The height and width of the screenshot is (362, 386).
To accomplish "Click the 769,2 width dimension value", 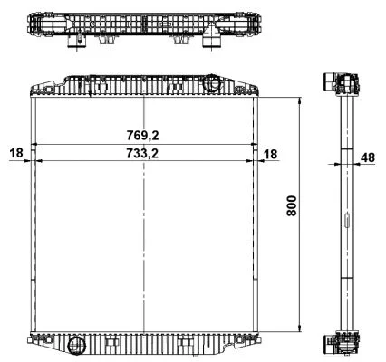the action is pos(142,136).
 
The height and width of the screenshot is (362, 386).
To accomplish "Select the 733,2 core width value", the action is pos(142,154).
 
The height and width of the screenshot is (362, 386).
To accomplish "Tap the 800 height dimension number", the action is pos(292,205).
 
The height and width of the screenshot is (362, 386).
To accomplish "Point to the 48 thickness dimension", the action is pos(368,157).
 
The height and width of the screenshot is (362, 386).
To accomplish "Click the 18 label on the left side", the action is pos(16,153).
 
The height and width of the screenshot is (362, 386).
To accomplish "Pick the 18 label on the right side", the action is pos(270,154).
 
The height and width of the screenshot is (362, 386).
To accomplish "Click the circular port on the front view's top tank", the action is pos(211,82).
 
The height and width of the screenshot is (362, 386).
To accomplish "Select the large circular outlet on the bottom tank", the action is pos(77,346).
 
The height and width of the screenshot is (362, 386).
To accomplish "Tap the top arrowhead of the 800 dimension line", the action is pos(299,100).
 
